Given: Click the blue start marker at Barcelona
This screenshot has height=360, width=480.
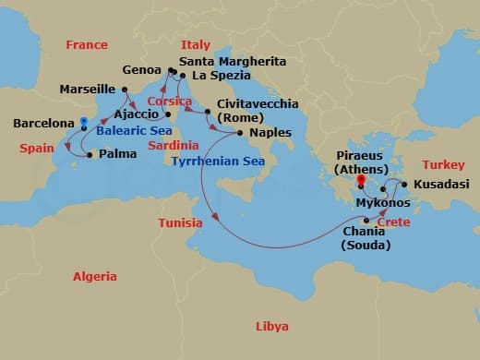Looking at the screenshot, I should pos(84,121).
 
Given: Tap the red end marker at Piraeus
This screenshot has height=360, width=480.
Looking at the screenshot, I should pos(362,181).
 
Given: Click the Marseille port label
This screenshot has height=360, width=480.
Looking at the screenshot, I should pos(87,90).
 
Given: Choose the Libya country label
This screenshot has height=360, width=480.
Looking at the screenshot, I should pos(272,327).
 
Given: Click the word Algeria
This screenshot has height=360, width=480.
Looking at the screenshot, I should pos(96,276).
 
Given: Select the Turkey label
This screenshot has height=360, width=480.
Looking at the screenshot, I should pos(440,164).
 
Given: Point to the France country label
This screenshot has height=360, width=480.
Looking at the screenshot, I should pos(87,44).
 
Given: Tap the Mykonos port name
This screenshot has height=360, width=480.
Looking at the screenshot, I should pos(383,202).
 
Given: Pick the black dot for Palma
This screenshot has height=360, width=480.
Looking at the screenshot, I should pos(89,155).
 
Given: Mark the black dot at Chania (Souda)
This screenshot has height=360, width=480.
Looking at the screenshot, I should pos(367,220).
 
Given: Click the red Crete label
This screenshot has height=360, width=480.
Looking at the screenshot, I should pos(393,223).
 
